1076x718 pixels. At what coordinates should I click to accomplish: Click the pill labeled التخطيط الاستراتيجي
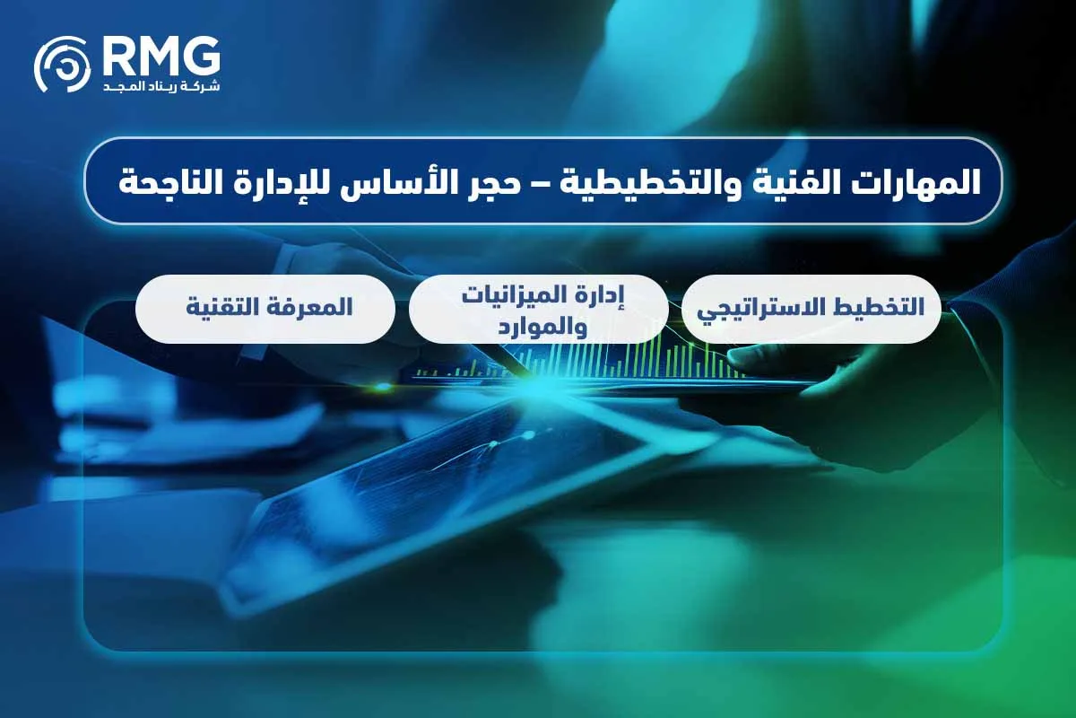coord(811,309)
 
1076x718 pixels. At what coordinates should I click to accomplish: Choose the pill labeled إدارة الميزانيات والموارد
coord(538,309)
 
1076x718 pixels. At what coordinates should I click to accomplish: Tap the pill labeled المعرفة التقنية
coord(265,309)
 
